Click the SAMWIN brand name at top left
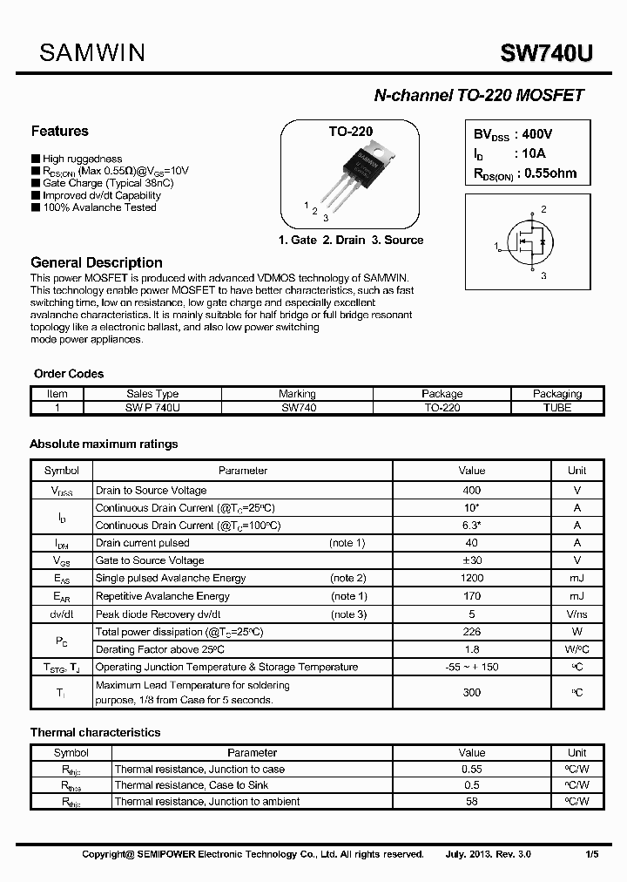tap(92, 54)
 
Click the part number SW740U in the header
tap(546, 55)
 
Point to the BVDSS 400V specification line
tap(513, 134)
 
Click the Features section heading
tap(59, 132)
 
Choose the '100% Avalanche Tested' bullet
tap(99, 207)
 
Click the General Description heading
tap(96, 262)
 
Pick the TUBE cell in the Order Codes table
tap(556, 407)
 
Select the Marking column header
tap(297, 394)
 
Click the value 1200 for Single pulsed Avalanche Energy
tap(471, 578)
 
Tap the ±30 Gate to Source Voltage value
tap(471, 560)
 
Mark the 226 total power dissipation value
tap(471, 631)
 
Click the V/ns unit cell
tap(576, 614)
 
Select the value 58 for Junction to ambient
tap(471, 801)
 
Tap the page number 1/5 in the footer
tap(591, 854)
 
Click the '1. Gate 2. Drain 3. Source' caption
tap(350, 240)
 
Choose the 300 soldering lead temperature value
tap(471, 692)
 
